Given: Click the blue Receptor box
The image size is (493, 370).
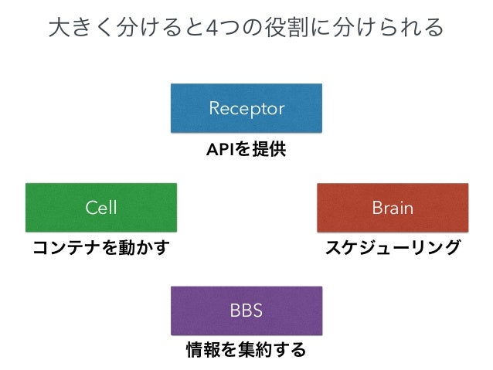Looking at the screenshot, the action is point(246,108).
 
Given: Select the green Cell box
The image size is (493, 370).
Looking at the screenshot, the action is point(101,208).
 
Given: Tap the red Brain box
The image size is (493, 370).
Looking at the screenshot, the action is point(393,208).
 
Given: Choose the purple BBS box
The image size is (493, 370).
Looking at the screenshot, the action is point(246,311).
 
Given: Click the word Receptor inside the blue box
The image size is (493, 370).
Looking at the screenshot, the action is point(246,109).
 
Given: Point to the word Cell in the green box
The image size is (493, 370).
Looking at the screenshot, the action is point(101,208).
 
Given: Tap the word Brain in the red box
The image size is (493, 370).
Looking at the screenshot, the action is point(393,208).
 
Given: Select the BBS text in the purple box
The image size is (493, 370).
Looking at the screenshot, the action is point(246,311).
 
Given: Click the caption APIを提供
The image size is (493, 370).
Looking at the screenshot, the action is point(246,149).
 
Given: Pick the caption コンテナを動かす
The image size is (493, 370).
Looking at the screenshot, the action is point(101,247).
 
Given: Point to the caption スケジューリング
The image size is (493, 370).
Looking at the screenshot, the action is point(393,247).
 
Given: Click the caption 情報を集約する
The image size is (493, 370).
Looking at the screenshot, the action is point(246,350).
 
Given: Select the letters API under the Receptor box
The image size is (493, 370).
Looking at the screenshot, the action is point(220,150).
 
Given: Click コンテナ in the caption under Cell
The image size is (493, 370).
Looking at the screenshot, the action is point(67,248).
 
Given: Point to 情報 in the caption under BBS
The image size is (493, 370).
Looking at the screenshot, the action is point(203,350).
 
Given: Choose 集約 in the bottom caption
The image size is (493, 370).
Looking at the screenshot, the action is point(255,350).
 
